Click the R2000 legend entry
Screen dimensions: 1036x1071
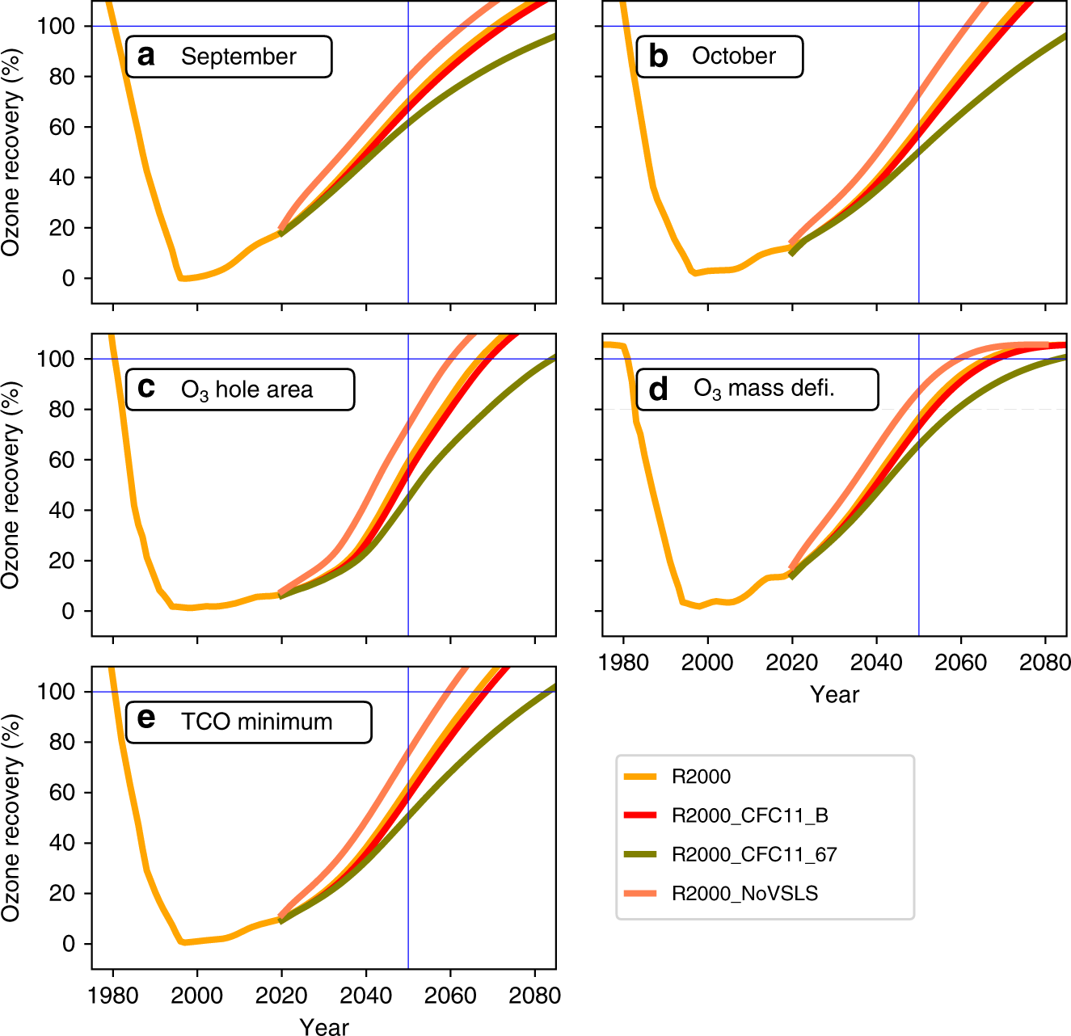point(701,777)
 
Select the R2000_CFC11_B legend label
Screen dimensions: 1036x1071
point(749,816)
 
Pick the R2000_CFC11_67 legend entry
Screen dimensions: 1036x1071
point(753,855)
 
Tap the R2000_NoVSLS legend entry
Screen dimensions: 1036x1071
point(744,894)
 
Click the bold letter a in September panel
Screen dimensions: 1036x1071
point(146,56)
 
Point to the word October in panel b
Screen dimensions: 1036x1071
point(733,56)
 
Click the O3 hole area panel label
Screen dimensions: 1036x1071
point(246,390)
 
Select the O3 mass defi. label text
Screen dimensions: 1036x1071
point(763,389)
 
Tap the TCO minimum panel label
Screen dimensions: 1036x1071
point(256,722)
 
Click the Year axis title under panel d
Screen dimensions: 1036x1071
point(834,694)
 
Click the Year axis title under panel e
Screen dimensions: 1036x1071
point(324,1026)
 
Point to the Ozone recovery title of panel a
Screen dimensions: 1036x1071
point(11,153)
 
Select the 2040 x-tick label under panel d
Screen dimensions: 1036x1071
point(876,663)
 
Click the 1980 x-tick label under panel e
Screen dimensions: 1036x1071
point(113,996)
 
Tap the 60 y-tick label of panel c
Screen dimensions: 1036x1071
point(62,460)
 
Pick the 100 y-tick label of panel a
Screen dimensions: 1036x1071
point(56,27)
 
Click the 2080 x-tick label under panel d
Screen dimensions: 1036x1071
point(1044,663)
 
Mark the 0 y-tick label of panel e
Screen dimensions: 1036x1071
point(69,944)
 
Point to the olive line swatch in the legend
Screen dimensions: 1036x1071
point(639,855)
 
